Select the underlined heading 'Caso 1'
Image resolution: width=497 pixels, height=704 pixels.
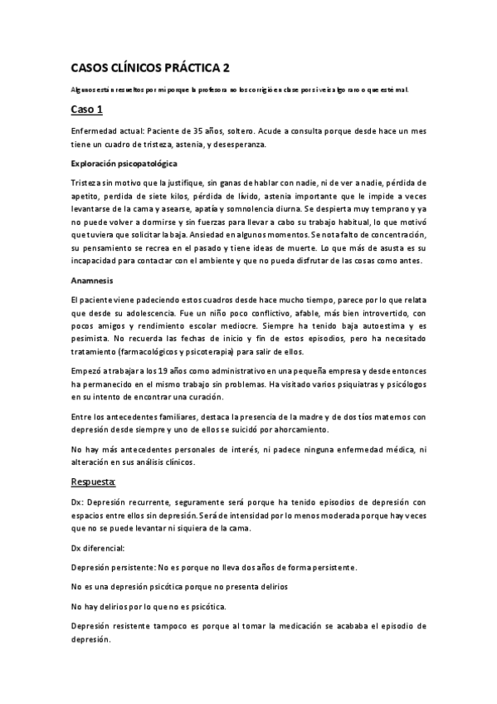[x=86, y=110]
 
